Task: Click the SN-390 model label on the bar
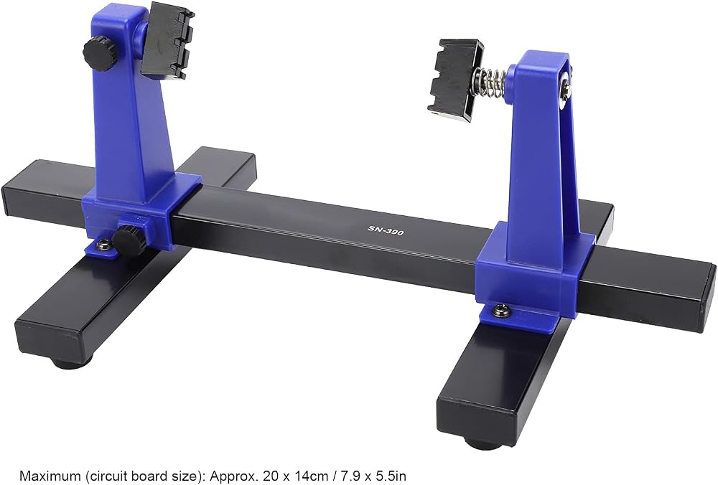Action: pyautogui.click(x=386, y=230)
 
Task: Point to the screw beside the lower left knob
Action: pyautogui.click(x=103, y=245)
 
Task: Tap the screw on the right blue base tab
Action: pyautogui.click(x=499, y=311)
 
